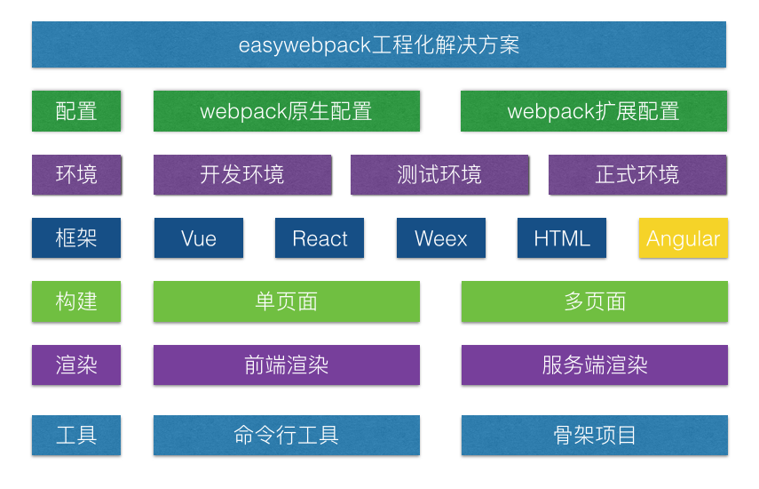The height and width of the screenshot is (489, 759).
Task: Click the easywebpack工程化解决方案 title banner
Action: (379, 44)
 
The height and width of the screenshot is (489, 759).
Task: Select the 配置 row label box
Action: (76, 111)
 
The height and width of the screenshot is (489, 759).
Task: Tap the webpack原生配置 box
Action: (286, 111)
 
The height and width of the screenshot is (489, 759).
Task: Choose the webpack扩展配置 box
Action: (594, 111)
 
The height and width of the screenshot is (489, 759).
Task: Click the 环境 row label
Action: (76, 175)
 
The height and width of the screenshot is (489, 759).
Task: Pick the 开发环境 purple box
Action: (242, 175)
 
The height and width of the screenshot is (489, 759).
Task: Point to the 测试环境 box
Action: (439, 175)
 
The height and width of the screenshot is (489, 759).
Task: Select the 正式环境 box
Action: (637, 175)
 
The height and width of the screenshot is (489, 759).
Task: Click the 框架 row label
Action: (76, 238)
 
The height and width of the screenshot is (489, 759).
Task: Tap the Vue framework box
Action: (199, 238)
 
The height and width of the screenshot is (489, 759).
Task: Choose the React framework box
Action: (320, 238)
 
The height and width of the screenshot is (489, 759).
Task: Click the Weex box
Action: (440, 238)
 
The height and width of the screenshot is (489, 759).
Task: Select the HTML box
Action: (562, 238)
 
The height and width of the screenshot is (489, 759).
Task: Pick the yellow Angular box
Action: (683, 238)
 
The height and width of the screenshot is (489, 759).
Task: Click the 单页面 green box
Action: (286, 301)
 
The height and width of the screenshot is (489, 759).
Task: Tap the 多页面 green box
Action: (594, 301)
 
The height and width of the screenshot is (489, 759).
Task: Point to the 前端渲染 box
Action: (286, 365)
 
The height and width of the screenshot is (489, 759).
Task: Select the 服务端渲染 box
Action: (594, 365)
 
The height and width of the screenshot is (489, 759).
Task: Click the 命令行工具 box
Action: (286, 436)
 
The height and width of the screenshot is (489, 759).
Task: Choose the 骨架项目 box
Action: (594, 436)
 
